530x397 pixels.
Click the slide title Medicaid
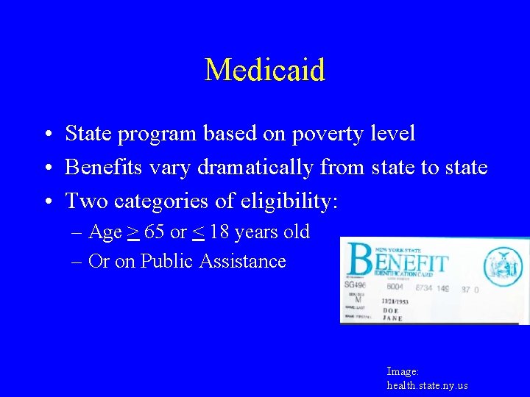tap(264, 71)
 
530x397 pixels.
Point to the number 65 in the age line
tap(155, 232)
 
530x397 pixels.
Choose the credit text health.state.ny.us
tap(427, 385)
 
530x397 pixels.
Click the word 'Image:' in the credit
tap(403, 372)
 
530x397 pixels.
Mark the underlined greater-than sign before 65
tap(133, 233)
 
